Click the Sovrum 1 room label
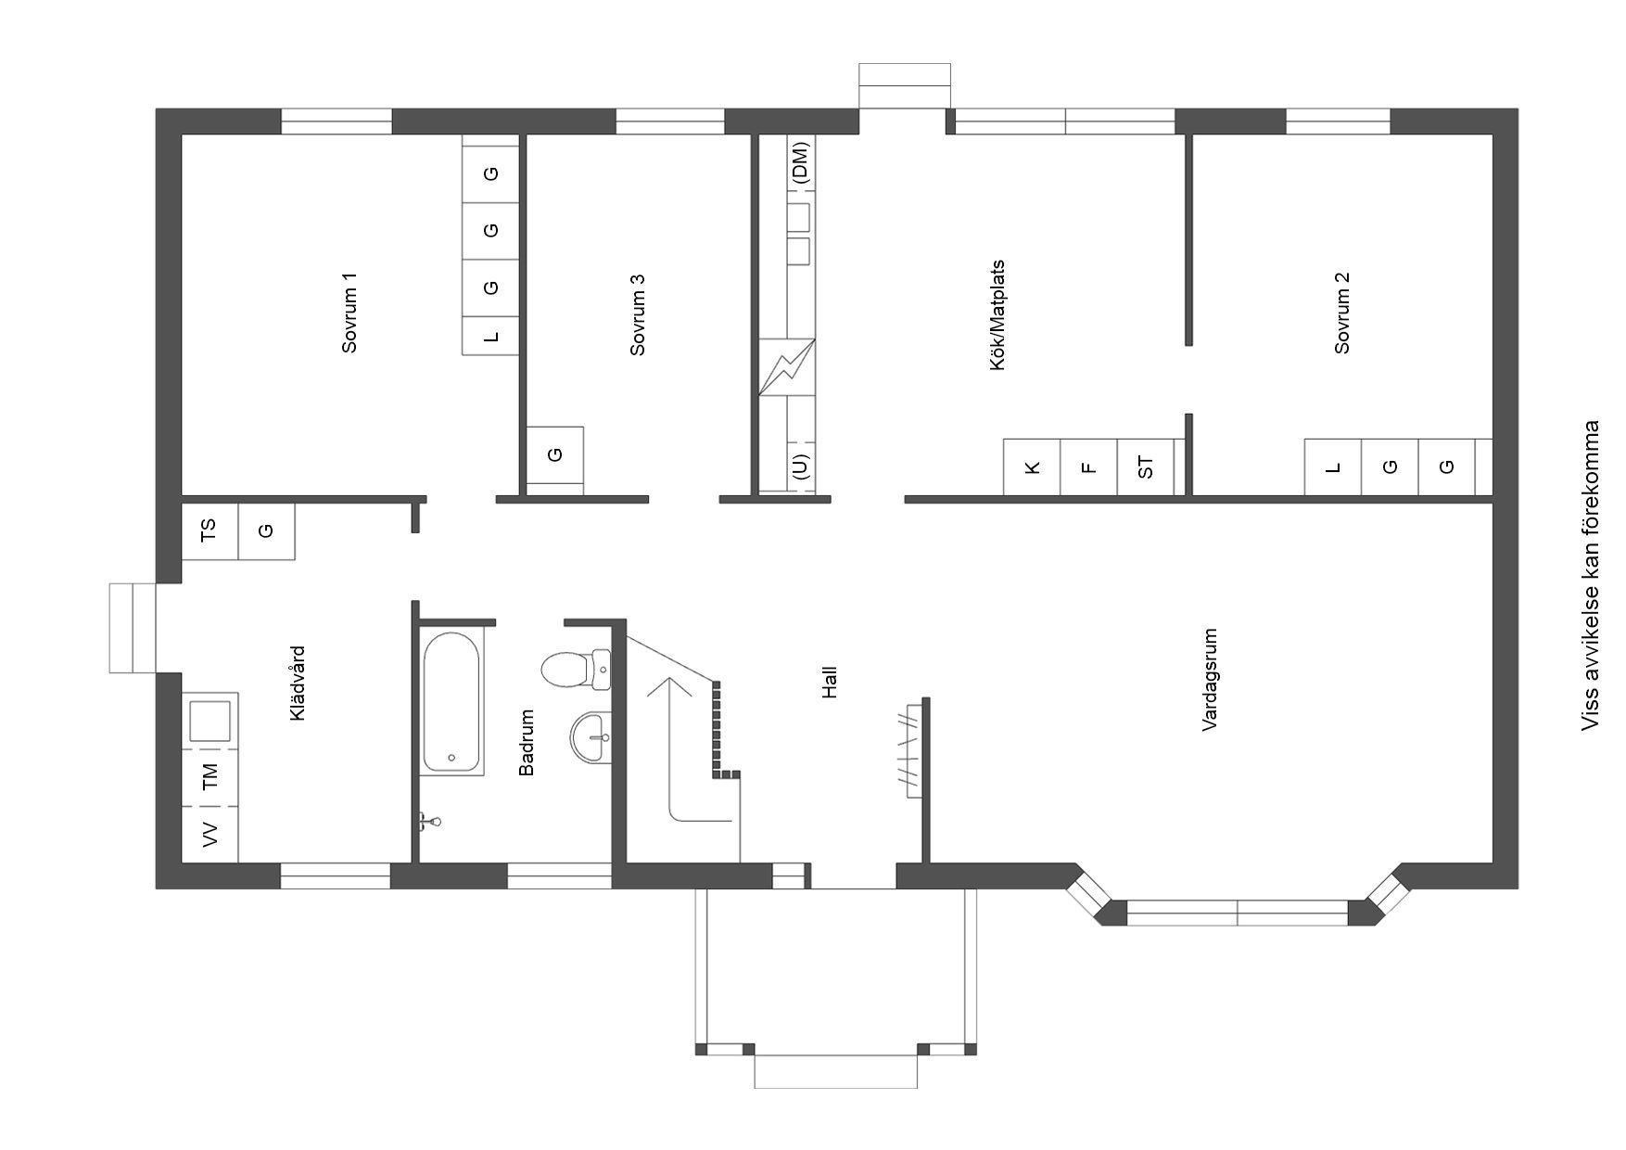coord(349,313)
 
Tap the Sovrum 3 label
coord(637,314)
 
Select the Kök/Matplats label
coord(997,315)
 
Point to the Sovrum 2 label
coord(1341,313)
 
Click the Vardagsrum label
coord(1210,680)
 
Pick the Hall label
coord(830,682)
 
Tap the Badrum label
coord(527,742)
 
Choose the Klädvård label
coord(298,684)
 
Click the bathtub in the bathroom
coord(452,702)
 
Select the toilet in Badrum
coord(575,670)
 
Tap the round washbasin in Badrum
coord(591,737)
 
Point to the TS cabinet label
coord(210,530)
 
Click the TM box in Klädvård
coord(210,777)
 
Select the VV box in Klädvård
coord(210,835)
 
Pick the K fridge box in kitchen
coord(1033,466)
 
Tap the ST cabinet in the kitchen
coord(1146,466)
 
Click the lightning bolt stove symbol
coord(787,367)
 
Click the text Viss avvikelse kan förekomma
coord(1591,575)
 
